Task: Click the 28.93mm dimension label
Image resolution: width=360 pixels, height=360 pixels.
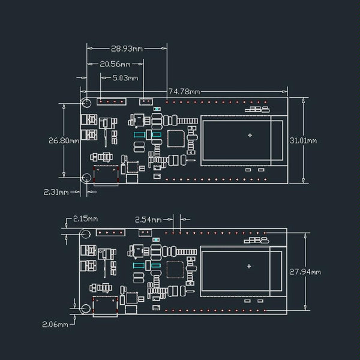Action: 127,48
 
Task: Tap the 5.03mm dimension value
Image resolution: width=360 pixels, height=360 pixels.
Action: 125,78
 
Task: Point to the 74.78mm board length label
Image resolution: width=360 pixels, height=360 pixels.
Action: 184,92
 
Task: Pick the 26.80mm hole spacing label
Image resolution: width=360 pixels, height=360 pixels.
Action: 64,141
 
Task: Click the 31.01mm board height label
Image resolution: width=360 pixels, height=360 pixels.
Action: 303,140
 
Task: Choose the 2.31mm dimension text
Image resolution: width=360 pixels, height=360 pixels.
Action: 56,192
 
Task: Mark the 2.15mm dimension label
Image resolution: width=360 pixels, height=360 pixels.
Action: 85,220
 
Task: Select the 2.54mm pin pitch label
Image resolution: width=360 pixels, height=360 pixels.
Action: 148,220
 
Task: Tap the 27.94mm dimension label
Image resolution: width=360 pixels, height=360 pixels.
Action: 305,272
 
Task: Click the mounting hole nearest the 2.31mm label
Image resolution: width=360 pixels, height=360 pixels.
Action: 86,177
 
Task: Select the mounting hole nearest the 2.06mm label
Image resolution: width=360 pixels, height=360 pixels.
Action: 86,308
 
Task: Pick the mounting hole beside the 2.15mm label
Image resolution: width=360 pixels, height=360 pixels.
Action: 86,234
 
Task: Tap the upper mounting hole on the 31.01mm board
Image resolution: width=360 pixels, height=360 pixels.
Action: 86,103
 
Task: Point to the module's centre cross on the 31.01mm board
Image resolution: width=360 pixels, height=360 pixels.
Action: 250,136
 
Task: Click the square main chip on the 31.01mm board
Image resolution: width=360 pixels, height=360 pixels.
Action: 175,139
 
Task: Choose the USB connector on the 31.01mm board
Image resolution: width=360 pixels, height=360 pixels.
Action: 106,175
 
